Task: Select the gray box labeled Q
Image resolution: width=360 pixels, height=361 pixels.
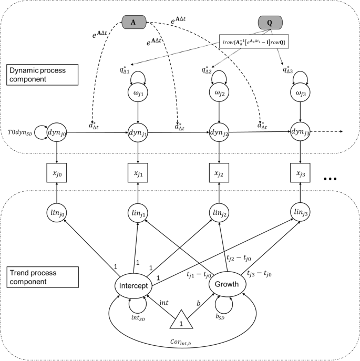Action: (270, 23)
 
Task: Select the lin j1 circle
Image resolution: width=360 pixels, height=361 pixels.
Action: (138, 212)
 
